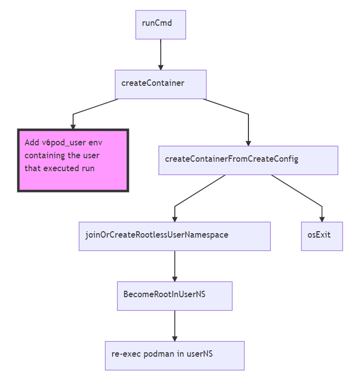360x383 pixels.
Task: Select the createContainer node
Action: click(161, 84)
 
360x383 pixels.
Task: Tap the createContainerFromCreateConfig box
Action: click(248, 160)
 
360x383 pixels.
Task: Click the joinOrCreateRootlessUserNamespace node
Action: click(175, 236)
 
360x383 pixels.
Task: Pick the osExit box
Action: click(322, 236)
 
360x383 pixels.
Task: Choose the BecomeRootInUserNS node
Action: click(175, 296)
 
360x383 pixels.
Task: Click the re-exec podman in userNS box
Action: click(175, 355)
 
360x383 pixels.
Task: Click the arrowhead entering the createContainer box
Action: click(161, 66)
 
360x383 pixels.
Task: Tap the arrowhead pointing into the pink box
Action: click(73, 127)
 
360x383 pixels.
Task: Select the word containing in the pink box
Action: click(45, 156)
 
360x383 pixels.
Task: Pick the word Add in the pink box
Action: click(32, 143)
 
